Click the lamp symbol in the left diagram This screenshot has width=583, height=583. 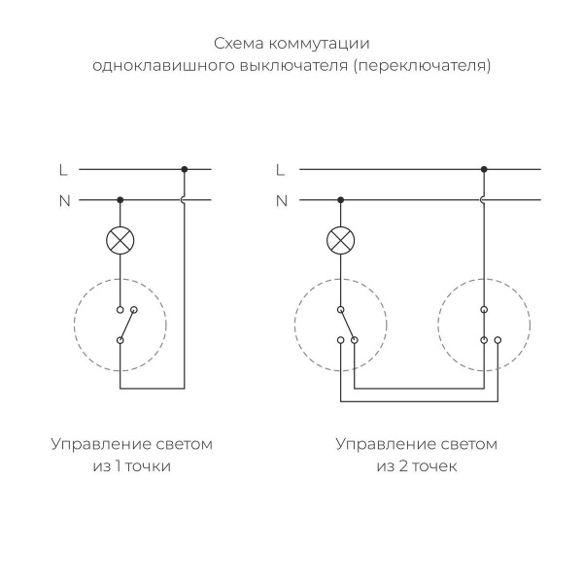pyautogui.click(x=120, y=239)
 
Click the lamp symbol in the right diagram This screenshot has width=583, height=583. pyautogui.click(x=339, y=239)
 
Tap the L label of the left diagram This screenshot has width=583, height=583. pyautogui.click(x=63, y=169)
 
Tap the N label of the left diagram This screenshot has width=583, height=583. pyautogui.click(x=64, y=201)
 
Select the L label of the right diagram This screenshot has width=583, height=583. pyautogui.click(x=281, y=169)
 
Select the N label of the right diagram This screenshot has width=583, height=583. pyautogui.click(x=282, y=201)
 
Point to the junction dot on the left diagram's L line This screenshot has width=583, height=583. pyautogui.click(x=184, y=169)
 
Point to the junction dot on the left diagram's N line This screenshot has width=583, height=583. pyautogui.click(x=120, y=201)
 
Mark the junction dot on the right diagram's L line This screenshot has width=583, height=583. pyautogui.click(x=483, y=169)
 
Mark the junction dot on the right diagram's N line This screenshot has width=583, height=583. pyautogui.click(x=339, y=201)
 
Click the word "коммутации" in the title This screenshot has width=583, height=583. pyautogui.click(x=323, y=45)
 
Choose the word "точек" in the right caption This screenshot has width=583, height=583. pyautogui.click(x=432, y=466)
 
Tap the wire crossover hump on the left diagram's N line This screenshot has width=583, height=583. pyautogui.click(x=184, y=201)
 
